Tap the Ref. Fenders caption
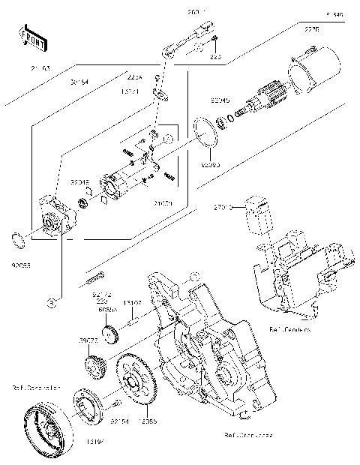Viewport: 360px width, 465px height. [289, 328]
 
